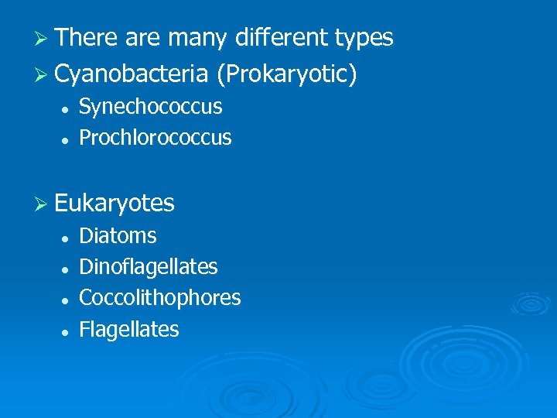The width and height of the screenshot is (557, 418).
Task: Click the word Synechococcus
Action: (x=151, y=107)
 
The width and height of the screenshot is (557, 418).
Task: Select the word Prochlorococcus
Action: (x=155, y=138)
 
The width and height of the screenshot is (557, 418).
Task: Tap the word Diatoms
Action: (x=118, y=235)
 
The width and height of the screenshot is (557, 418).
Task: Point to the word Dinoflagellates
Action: (x=149, y=267)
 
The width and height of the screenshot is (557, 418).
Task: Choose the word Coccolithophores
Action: (x=160, y=298)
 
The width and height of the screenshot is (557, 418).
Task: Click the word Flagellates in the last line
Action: (x=129, y=330)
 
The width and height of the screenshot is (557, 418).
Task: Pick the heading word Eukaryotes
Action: (x=114, y=204)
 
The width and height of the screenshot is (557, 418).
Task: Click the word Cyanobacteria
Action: (x=132, y=74)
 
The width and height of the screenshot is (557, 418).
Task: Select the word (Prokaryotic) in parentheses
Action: (x=287, y=74)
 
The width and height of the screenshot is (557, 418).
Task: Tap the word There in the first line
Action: (x=86, y=37)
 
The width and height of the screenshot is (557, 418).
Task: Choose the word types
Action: (x=364, y=37)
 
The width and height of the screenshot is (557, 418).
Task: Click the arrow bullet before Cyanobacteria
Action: (x=43, y=74)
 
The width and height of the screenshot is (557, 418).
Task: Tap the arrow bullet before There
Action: (x=43, y=38)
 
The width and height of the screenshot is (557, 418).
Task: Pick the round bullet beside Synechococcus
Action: (x=68, y=108)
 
